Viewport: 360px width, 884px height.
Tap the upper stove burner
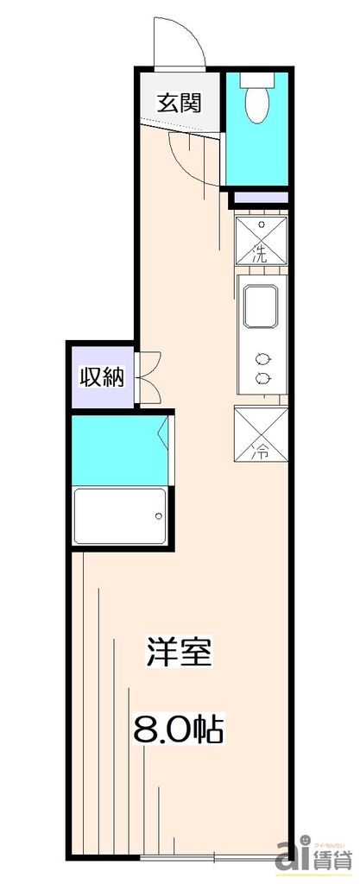pyautogui.click(x=261, y=359)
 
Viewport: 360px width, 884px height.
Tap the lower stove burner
pyautogui.click(x=261, y=377)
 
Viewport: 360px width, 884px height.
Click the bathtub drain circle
pyautogui.click(x=158, y=517)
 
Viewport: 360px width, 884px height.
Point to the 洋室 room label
pyautogui.click(x=180, y=653)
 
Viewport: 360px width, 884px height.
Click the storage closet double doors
pyautogui.click(x=148, y=376)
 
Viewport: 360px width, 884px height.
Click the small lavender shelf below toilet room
pyautogui.click(x=261, y=198)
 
